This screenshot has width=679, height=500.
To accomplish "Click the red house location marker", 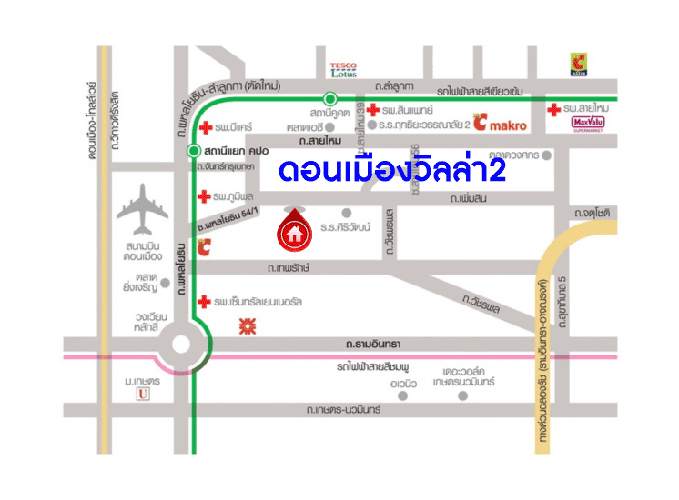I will click(293, 231).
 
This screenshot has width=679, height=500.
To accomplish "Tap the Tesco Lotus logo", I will click(343, 69).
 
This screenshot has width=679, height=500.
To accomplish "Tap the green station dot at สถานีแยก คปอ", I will click(193, 150).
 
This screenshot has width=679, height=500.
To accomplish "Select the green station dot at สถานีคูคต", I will click(330, 97).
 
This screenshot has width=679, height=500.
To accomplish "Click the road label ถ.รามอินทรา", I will click(373, 344).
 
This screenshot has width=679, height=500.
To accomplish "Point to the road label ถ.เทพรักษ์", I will click(289, 268).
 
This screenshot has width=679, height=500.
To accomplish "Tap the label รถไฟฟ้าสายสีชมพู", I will click(373, 366).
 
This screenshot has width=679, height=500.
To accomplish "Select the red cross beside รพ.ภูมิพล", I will click(204, 196).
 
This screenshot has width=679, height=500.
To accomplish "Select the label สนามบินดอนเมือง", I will click(144, 252).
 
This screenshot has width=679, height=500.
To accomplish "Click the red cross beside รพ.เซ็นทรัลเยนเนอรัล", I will click(204, 301).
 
